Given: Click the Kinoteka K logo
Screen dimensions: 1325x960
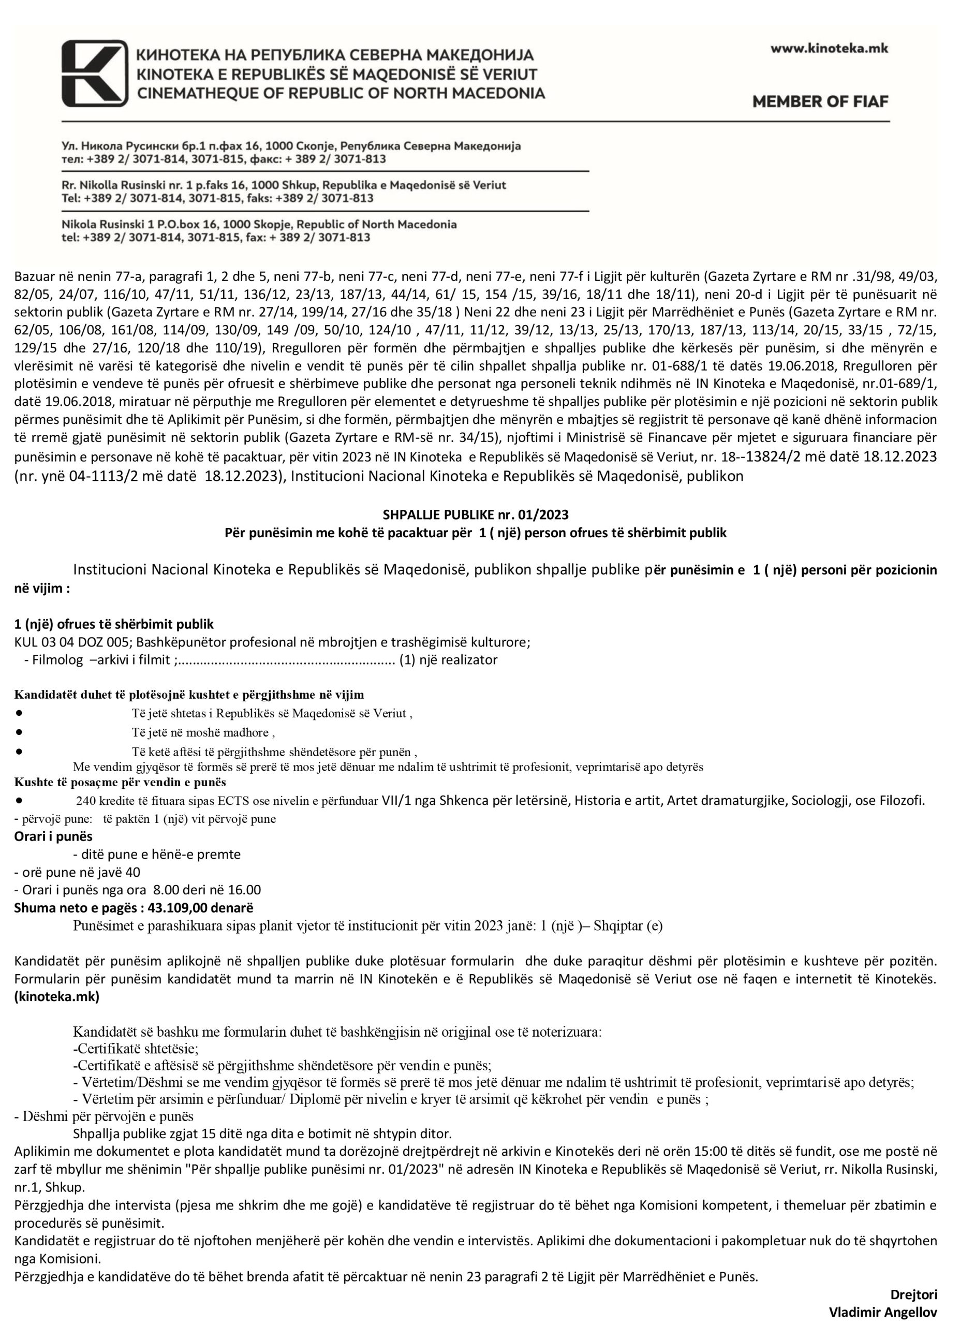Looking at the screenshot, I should tap(95, 73).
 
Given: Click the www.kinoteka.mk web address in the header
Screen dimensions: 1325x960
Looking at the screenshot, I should tap(829, 49).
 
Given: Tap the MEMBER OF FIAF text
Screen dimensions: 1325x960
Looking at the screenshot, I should tap(820, 101).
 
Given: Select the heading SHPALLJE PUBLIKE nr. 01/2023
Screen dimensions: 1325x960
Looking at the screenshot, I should tap(475, 514).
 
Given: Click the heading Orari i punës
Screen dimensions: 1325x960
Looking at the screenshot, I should tap(53, 836).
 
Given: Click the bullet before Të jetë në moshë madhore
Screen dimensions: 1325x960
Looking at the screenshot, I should tap(19, 731).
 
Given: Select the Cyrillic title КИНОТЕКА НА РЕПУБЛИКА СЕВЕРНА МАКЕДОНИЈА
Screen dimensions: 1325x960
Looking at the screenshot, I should tap(335, 55).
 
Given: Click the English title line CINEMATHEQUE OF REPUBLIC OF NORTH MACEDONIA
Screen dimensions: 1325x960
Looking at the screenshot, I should tap(341, 92).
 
